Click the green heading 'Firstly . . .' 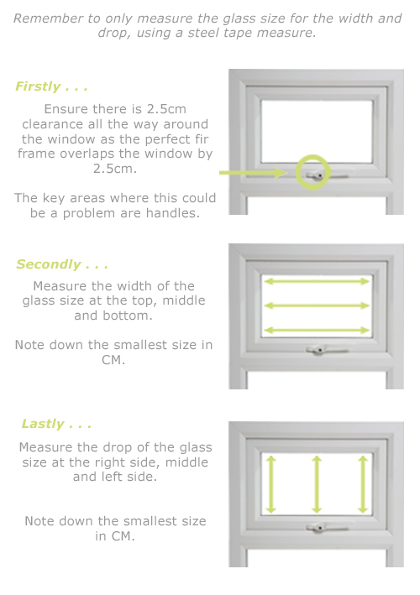(x=51, y=86)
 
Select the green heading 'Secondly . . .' (x=62, y=264)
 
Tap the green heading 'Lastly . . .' (x=56, y=424)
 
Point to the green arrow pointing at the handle (x=253, y=173)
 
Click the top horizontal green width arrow (x=317, y=281)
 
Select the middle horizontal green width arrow (x=317, y=305)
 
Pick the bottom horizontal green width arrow (x=317, y=330)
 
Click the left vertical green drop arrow (x=270, y=484)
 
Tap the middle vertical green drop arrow (x=317, y=484)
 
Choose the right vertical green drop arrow (x=363, y=484)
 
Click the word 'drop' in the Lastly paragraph (x=117, y=448)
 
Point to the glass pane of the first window (x=317, y=132)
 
